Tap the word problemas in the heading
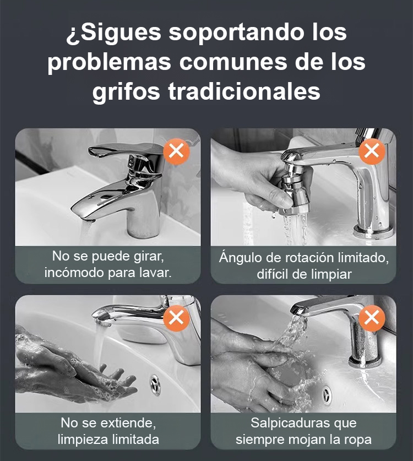point(110,62)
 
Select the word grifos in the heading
point(127,91)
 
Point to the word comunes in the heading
point(233,62)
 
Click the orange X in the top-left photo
point(176,151)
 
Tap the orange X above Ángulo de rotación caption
point(372,151)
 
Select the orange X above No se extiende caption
point(176,318)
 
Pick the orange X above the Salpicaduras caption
point(372,318)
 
